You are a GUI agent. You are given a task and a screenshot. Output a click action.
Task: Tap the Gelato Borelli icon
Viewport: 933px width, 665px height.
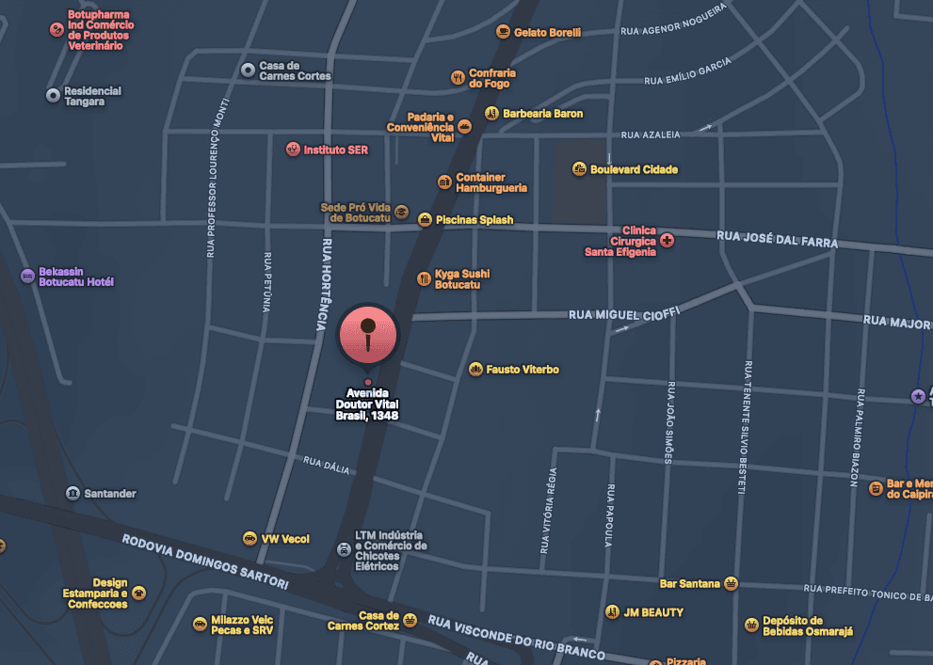(503, 32)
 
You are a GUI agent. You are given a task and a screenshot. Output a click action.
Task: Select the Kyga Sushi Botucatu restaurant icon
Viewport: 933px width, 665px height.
(424, 278)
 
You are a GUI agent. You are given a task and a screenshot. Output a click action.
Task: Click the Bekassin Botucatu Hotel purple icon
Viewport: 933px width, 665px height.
(27, 276)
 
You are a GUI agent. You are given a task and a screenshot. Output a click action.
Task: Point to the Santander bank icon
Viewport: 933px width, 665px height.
(72, 494)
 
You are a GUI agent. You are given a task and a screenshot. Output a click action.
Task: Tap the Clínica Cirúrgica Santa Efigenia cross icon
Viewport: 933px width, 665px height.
(668, 241)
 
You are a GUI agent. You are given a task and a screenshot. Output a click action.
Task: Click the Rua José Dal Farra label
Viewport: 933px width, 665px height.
(777, 240)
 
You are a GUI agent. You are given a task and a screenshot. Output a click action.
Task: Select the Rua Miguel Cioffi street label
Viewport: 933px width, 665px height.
(623, 313)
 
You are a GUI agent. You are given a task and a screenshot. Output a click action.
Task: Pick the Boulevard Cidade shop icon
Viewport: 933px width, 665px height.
(579, 169)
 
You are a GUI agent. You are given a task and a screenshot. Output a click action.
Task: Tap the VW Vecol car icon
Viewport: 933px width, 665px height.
(249, 539)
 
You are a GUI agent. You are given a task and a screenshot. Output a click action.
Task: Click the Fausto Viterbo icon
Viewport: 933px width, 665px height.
(475, 370)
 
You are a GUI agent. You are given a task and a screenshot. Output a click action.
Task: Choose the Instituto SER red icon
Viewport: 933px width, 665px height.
(293, 150)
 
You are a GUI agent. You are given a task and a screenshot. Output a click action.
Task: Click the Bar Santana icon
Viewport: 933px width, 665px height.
(731, 583)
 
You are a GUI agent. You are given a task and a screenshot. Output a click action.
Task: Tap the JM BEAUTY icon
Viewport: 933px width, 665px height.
(612, 612)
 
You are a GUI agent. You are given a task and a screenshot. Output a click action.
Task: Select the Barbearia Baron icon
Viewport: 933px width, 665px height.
(491, 114)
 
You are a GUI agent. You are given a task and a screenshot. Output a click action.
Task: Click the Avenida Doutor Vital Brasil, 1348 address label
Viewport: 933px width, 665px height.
(367, 404)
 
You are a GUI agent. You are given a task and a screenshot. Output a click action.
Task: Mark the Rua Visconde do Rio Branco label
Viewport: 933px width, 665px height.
(516, 638)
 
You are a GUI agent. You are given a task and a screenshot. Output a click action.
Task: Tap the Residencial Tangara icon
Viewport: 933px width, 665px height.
(53, 95)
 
